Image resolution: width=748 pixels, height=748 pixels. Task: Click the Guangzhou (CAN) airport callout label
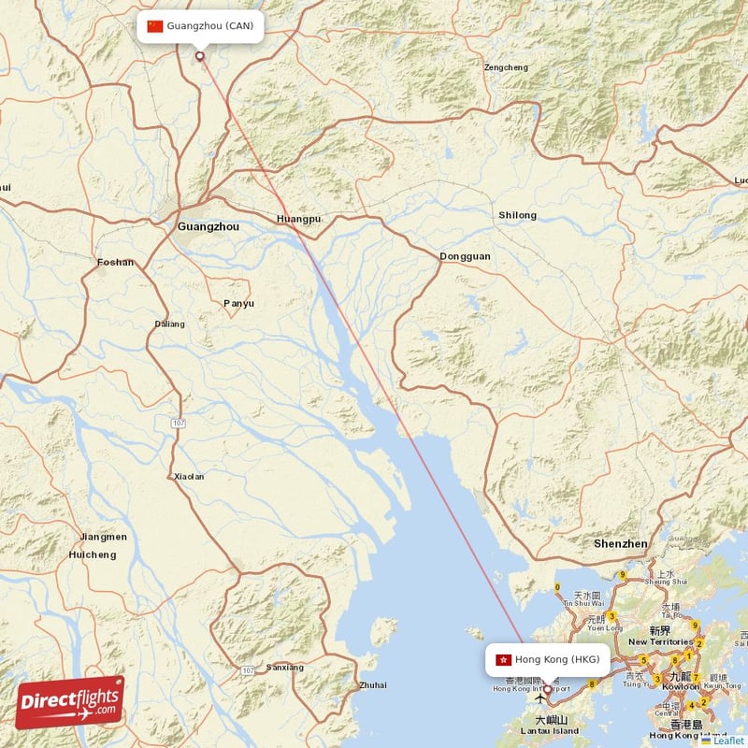coord(200,26)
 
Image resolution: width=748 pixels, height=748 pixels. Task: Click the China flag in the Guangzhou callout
coord(155,26)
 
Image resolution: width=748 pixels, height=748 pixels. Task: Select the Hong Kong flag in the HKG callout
coord(503,659)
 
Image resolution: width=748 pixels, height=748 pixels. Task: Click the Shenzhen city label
coord(621,543)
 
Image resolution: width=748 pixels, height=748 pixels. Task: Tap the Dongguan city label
coord(466,256)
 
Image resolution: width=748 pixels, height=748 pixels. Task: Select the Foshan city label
coord(116,263)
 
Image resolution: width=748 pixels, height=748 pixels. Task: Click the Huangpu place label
coord(299,219)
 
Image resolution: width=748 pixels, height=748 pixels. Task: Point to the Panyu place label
coord(238,303)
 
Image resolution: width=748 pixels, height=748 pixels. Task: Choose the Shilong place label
coord(517,215)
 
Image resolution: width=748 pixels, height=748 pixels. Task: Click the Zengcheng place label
coord(506,67)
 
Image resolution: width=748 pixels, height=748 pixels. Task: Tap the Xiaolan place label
coord(189,477)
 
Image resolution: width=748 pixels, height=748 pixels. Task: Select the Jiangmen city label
coord(104,537)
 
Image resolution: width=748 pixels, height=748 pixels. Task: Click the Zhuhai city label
coord(372,685)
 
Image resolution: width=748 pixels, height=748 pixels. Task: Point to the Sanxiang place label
coord(285,668)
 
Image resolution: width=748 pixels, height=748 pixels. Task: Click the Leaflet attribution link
coord(727,741)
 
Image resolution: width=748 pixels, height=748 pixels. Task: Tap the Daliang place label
coord(170,324)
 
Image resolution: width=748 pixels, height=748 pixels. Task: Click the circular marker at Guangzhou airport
coord(199,56)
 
